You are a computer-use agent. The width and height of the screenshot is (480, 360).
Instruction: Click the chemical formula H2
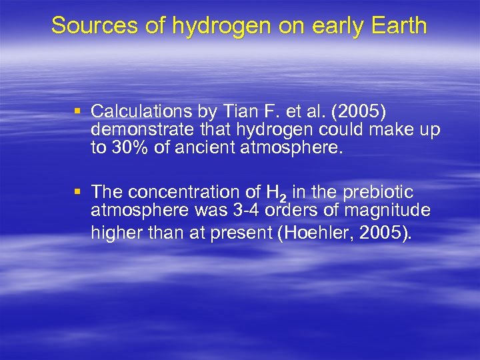(x=275, y=193)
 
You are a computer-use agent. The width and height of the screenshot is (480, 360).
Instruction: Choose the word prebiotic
(x=381, y=192)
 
